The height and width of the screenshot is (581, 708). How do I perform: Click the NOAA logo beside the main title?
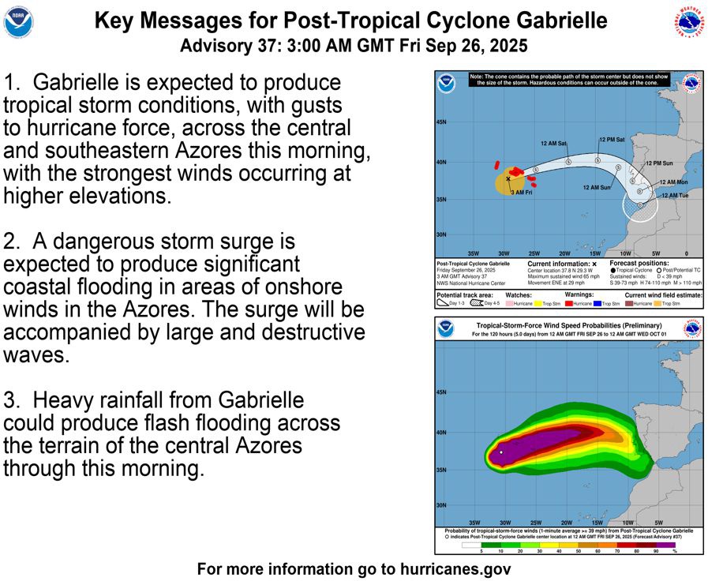click(19, 22)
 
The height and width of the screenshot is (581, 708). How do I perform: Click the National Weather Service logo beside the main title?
click(689, 22)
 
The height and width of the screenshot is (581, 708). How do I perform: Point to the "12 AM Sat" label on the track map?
click(553, 144)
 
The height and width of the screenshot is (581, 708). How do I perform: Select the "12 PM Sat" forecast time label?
click(612, 139)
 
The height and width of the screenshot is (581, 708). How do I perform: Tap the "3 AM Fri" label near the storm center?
click(521, 193)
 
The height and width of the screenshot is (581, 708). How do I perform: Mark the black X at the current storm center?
click(508, 179)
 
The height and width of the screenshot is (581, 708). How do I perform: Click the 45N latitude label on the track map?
click(442, 123)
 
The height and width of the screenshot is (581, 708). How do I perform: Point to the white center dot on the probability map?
click(501, 452)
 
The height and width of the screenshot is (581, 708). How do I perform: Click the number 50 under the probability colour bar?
click(579, 551)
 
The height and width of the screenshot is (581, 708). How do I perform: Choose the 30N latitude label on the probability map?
click(442, 505)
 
